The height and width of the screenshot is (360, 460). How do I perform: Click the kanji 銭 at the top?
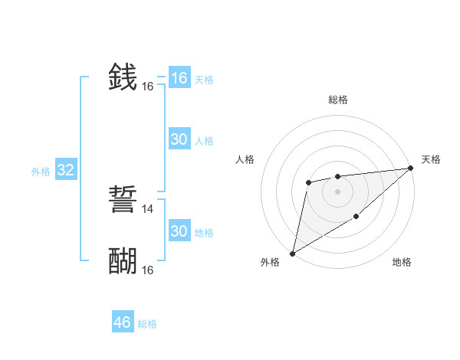[x=123, y=78]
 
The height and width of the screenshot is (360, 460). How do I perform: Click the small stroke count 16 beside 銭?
[x=148, y=87]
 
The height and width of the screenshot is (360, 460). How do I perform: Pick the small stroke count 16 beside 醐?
[x=148, y=270]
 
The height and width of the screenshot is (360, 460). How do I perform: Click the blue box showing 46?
[x=123, y=322]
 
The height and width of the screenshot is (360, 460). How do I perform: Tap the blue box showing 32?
[x=66, y=170]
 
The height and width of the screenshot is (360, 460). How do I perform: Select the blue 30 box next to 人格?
[x=179, y=139]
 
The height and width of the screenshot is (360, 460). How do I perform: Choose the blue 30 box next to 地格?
[x=179, y=231]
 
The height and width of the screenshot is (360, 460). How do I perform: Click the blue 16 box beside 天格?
[x=179, y=78]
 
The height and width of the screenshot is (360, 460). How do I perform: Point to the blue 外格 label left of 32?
[x=41, y=172]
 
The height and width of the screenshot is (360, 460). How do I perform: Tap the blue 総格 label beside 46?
[x=147, y=324]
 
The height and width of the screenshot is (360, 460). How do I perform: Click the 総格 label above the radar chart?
[x=338, y=100]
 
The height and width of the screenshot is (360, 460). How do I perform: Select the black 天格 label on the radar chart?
[x=431, y=159]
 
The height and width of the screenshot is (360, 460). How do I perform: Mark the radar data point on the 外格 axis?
[x=292, y=254]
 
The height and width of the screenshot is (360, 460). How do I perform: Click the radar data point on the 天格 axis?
[x=412, y=168]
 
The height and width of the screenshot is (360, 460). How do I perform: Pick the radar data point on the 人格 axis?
[x=308, y=182]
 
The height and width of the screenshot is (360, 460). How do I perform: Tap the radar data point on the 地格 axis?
[x=356, y=217]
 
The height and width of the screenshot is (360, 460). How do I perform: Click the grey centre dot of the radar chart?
[x=337, y=191]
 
